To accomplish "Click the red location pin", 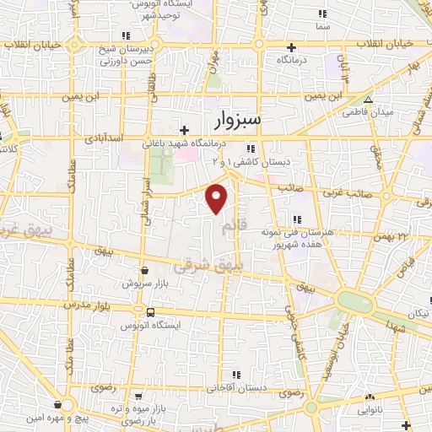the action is tap(218, 198).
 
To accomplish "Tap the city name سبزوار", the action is tap(234, 121).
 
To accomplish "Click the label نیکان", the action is tap(418, 314).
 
